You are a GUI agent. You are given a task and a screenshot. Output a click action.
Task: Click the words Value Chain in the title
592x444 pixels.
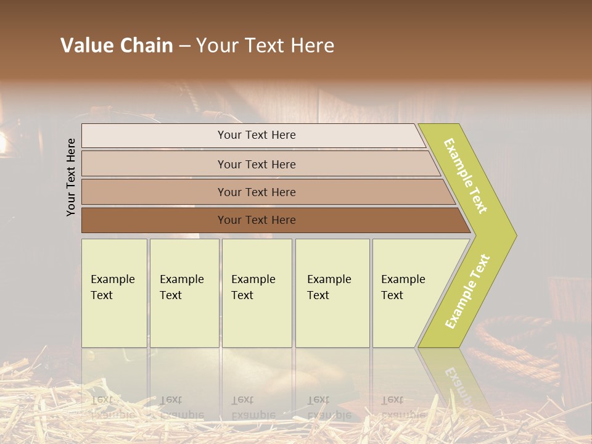117,46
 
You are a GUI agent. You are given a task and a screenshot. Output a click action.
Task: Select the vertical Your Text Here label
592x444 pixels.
71,177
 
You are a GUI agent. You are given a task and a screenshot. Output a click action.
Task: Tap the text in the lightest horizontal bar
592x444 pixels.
257,135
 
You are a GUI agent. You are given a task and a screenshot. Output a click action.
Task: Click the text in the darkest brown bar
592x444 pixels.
257,220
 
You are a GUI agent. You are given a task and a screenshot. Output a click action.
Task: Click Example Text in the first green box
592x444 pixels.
112,287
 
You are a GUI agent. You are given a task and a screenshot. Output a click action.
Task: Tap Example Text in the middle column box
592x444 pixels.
253,287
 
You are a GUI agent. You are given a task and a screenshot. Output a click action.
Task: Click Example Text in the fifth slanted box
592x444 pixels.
403,287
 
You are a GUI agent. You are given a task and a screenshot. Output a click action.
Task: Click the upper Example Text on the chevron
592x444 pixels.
466,176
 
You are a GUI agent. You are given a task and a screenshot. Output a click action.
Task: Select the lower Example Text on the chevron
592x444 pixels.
467,292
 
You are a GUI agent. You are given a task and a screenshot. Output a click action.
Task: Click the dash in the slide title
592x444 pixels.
184,46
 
